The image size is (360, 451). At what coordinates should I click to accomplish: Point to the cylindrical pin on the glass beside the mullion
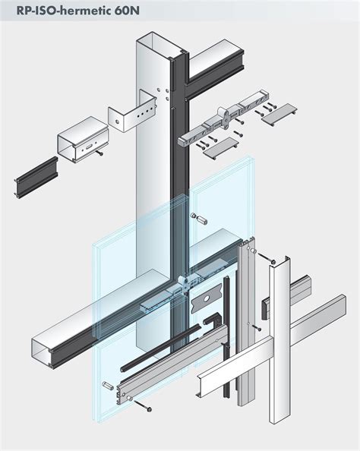pos(203,219)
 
